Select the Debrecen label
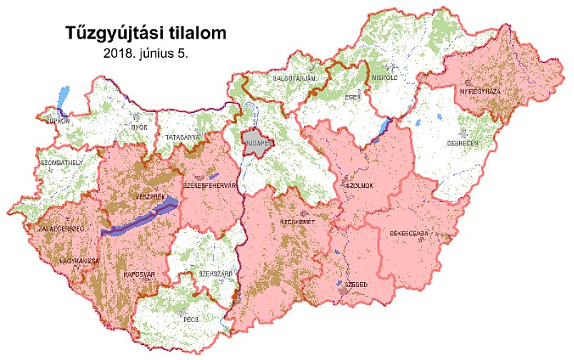(x=478, y=143)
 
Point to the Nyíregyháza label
(x=480, y=92)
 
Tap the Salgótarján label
(x=294, y=78)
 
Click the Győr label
(x=139, y=127)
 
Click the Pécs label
(x=189, y=319)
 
